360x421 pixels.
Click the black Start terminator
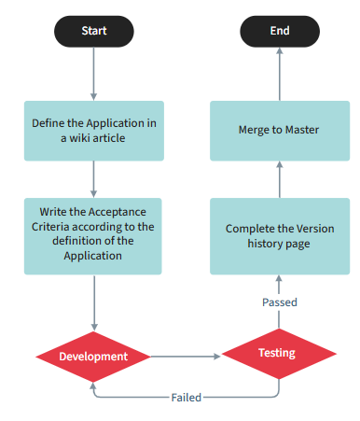pos(93,32)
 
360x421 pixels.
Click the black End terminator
pos(280,32)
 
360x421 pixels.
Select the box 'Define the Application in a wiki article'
pos(93,131)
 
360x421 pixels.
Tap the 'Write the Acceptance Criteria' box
pos(93,235)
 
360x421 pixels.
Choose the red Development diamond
pos(93,357)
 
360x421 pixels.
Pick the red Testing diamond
pos(278,354)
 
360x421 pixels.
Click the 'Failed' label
pos(186,397)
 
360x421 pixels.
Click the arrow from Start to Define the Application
pos(93,75)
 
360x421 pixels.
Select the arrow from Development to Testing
pos(185,356)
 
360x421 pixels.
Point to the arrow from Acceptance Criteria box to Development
pos(93,303)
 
